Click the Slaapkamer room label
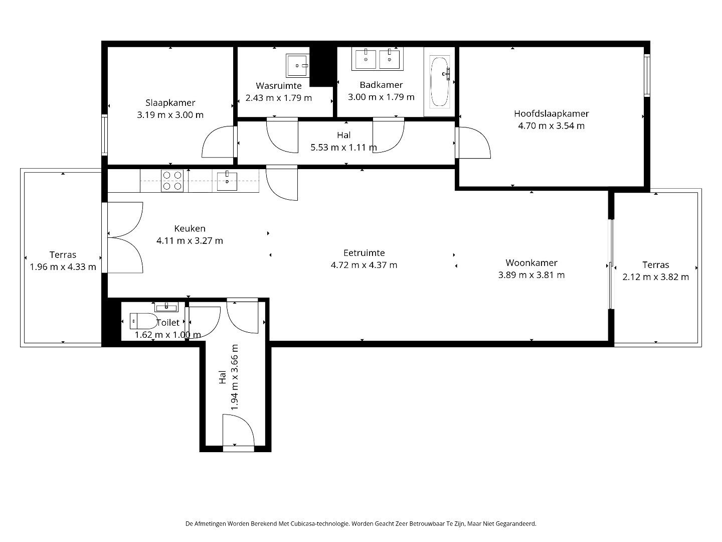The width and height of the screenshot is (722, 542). tap(170, 103)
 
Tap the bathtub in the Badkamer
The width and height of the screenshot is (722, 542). tap(440, 82)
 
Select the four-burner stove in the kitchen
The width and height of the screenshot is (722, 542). tap(172, 181)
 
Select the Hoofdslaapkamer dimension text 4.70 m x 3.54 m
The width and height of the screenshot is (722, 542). tap(551, 126)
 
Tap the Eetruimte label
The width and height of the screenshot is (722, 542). tap(364, 253)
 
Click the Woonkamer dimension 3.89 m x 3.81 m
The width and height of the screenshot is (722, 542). tap(531, 275)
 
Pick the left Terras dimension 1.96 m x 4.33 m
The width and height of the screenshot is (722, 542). tap(63, 267)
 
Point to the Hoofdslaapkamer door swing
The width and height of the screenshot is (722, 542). tap(474, 143)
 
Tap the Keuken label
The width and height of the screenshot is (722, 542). tap(190, 228)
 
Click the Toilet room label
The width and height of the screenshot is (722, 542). tap(167, 323)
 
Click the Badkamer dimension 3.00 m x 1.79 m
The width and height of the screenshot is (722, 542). tap(381, 97)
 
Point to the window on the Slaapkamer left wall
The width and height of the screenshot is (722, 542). tap(104, 134)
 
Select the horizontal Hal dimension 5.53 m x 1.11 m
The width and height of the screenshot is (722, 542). tap(343, 148)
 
